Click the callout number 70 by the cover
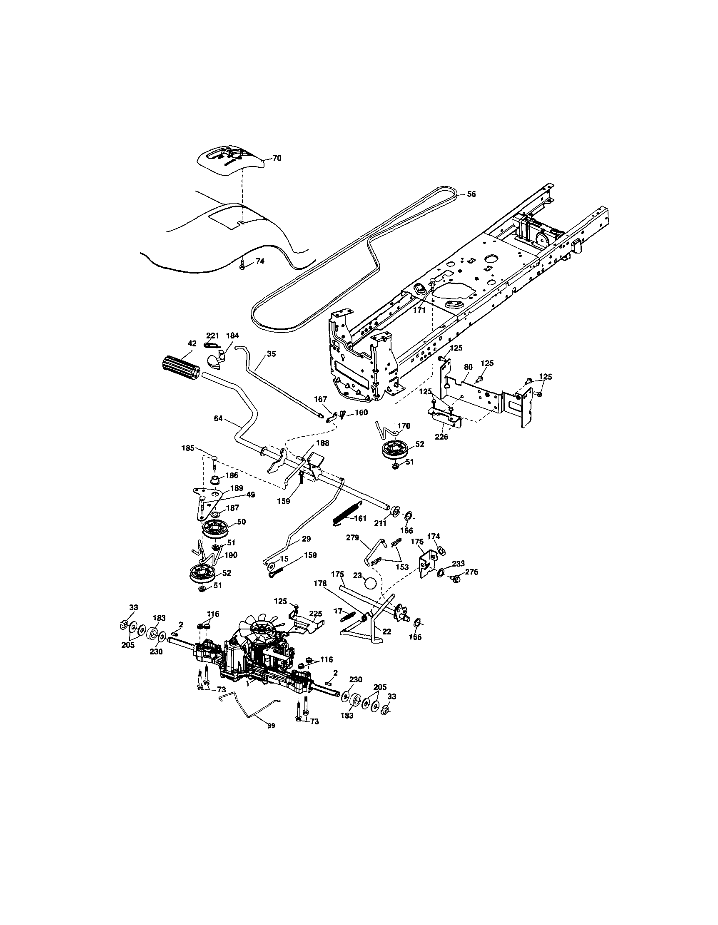(277, 158)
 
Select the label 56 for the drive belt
(471, 194)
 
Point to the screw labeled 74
(243, 266)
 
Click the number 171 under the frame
(419, 310)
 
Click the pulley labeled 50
(216, 528)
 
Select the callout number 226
(441, 437)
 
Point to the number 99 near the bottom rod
(271, 726)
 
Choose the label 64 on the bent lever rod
(218, 418)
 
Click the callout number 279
(352, 537)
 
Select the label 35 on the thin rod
(271, 354)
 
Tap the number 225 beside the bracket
(316, 613)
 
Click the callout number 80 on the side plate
(468, 367)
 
